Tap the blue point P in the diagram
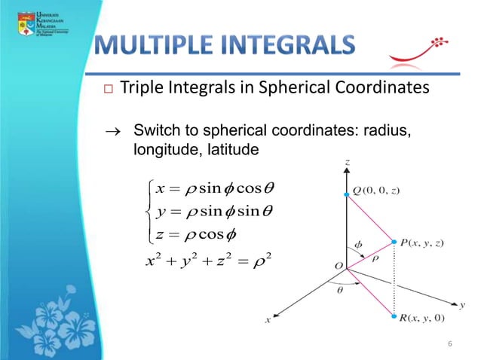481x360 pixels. coord(394,242)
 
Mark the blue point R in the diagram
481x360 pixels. coord(394,317)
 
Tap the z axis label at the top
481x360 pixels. coord(346,161)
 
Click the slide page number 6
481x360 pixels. coord(449,345)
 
